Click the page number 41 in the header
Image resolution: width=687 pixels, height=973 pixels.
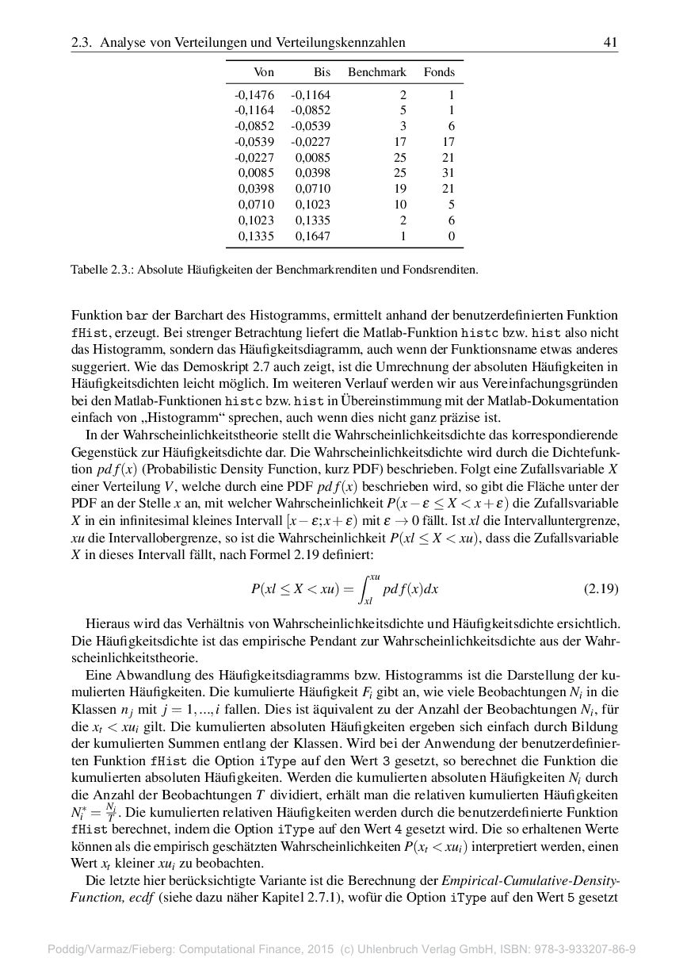[610, 42]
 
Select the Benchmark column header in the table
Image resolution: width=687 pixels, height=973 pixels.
[376, 72]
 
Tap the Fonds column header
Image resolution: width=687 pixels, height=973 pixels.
[439, 72]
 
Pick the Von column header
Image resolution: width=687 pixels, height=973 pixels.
[264, 72]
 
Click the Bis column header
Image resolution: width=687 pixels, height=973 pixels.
[321, 72]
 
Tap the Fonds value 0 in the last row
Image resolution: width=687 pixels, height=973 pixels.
[451, 236]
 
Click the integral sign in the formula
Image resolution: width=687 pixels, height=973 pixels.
[368, 589]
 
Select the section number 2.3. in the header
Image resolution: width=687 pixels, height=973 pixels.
[82, 42]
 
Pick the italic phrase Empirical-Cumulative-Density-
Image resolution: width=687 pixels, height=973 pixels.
[531, 882]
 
